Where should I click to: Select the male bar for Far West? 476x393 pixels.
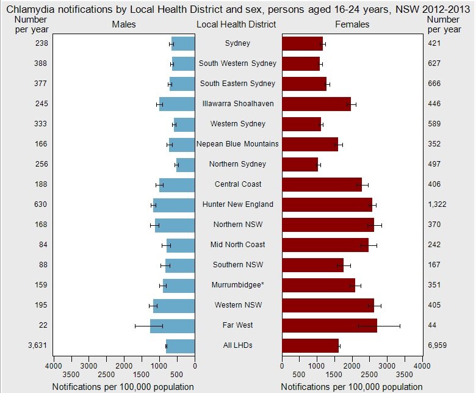point(173,326)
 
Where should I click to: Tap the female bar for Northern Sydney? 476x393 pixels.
point(300,165)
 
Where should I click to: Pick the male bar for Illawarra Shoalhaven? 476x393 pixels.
point(177,104)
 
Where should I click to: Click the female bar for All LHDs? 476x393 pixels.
point(310,346)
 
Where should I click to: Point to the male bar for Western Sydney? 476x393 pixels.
point(184,124)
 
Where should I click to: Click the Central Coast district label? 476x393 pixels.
point(238,184)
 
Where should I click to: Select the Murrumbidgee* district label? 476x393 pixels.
point(238,285)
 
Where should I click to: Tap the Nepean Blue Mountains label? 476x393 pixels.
point(237,144)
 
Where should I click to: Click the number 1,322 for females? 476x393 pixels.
point(437,204)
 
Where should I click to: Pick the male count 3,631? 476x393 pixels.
point(38,345)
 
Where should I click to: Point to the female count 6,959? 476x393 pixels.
point(437,345)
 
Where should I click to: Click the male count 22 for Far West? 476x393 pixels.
point(43,325)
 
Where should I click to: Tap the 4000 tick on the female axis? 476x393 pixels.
point(422,366)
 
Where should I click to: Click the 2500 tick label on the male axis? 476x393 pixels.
point(106,375)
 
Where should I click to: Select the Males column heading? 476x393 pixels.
point(124,24)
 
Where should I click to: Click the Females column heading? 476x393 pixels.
point(352,24)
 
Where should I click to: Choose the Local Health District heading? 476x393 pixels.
point(236,24)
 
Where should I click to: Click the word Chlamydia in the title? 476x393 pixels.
point(31,9)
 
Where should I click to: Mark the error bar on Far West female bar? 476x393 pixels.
point(379,326)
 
